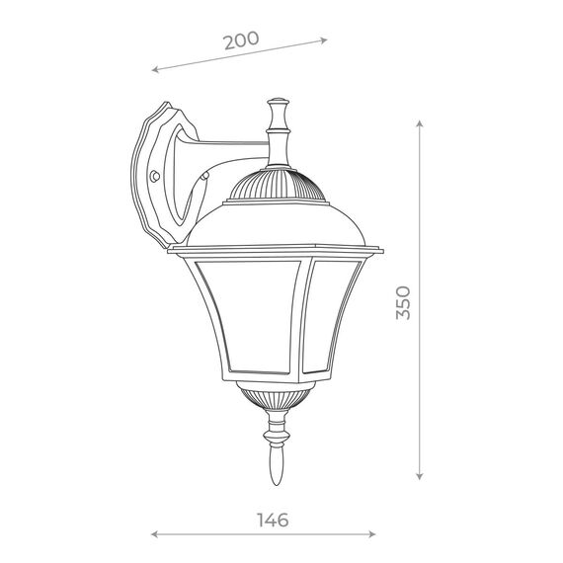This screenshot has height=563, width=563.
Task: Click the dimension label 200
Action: [241, 40]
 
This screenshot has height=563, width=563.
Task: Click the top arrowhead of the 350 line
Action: [421, 122]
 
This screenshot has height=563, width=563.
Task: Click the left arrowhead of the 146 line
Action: [154, 534]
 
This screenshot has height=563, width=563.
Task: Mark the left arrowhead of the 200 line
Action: [155, 70]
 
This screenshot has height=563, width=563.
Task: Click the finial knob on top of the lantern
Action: [278, 103]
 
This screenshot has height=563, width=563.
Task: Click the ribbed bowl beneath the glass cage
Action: [275, 397]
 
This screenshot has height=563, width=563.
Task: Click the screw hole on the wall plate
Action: [154, 179]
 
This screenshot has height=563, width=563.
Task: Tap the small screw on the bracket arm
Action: [204, 179]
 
